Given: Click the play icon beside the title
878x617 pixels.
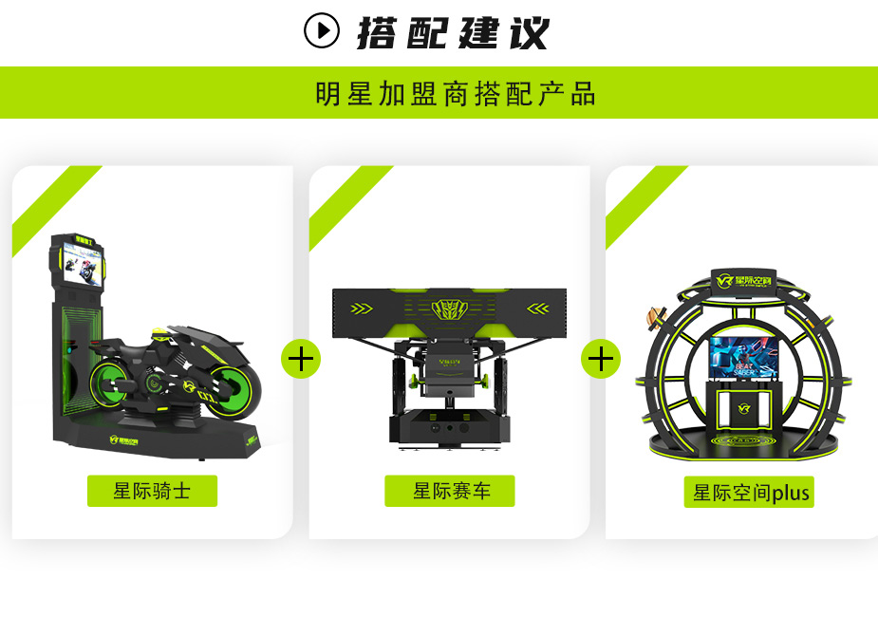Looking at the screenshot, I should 322,30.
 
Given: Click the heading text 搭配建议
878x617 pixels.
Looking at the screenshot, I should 453,32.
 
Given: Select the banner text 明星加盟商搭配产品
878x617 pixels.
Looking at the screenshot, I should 456,94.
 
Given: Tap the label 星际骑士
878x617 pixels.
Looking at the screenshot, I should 152,491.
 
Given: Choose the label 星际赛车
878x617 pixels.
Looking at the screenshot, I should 450,491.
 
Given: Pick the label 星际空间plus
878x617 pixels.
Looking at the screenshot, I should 749,493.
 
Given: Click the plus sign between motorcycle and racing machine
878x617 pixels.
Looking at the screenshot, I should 301,359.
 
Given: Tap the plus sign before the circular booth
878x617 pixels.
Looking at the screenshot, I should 601,359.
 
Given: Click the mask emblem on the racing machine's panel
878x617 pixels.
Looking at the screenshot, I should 450,308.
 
